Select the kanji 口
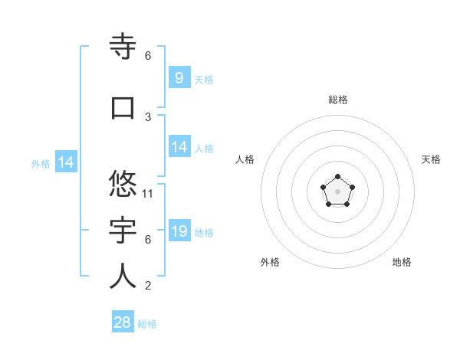pyautogui.click(x=123, y=108)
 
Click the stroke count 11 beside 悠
pyautogui.click(x=148, y=193)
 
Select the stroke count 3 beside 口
pyautogui.click(x=148, y=117)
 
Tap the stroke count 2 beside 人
pyautogui.click(x=148, y=286)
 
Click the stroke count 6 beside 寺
pyautogui.click(x=148, y=56)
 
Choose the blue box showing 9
pyautogui.click(x=179, y=77)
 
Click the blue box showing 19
pyautogui.click(x=179, y=231)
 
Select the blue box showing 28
pyautogui.click(x=123, y=322)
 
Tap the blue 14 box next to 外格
pyautogui.click(x=65, y=162)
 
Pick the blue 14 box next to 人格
pyautogui.click(x=179, y=147)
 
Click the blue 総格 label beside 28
pyautogui.click(x=147, y=324)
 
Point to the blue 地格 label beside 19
pyautogui.click(x=204, y=233)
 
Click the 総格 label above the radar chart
pyautogui.click(x=337, y=100)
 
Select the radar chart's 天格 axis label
pyautogui.click(x=431, y=159)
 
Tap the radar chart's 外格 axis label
pyautogui.click(x=270, y=262)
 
